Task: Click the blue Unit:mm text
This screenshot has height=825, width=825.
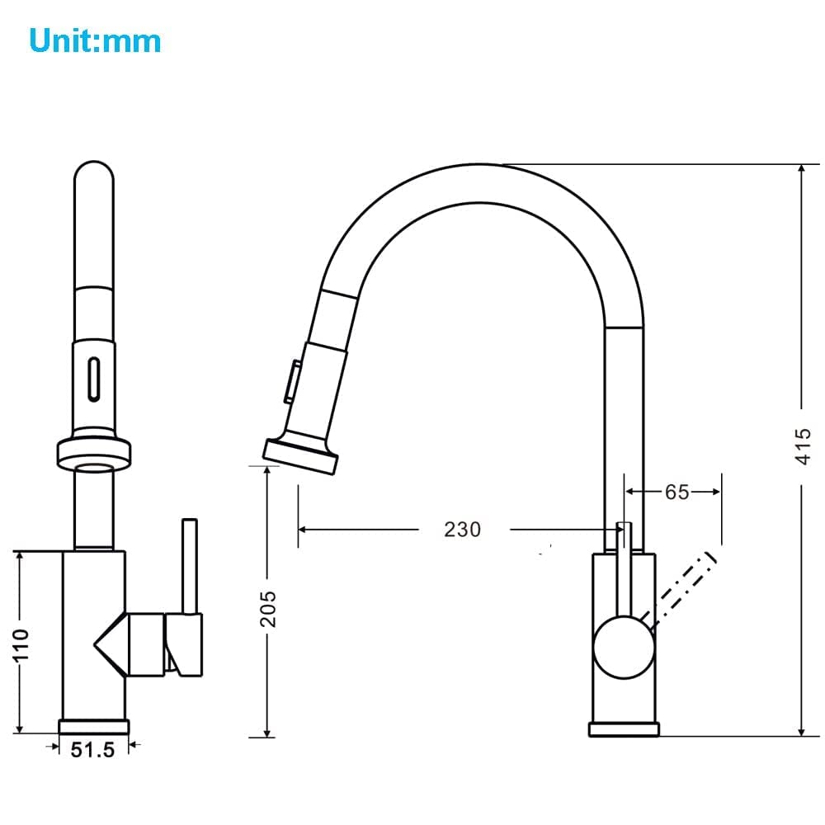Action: point(95,40)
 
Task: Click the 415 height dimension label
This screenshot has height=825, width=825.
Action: point(803,446)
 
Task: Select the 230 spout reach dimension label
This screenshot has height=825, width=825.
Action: point(463,530)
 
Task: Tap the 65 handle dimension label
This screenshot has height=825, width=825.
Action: point(676,492)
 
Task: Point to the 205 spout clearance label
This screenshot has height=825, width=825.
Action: point(268,609)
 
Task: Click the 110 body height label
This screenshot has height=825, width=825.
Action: point(21,644)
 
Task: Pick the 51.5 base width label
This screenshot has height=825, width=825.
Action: point(92,750)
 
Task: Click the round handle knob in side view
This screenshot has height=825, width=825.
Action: point(624,647)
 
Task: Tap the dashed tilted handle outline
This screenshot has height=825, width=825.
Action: point(682,589)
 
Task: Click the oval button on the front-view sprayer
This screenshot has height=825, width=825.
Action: point(94,379)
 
